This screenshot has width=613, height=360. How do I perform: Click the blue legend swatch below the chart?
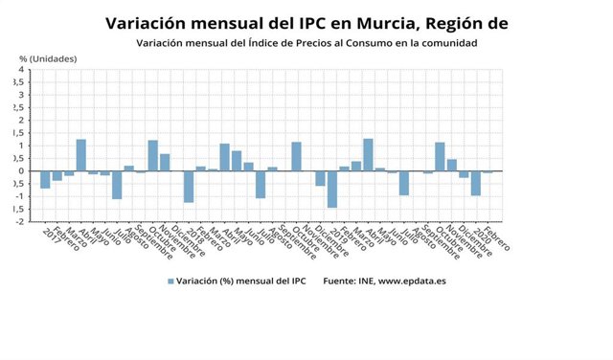[x=171, y=281]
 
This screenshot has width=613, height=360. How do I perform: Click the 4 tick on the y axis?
[x=20, y=70]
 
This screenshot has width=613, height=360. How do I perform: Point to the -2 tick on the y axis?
[x=18, y=221]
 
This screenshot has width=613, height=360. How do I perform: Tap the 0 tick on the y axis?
[x=20, y=171]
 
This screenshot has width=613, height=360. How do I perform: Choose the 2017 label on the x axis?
[x=54, y=234]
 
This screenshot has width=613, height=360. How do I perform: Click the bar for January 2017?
[x=45, y=180]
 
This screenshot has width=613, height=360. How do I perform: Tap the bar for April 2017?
[x=81, y=155]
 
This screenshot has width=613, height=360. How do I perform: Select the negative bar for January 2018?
[x=189, y=187]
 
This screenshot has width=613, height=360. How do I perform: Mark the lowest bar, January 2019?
[x=332, y=190]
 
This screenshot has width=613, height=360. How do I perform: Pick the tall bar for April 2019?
[x=368, y=155]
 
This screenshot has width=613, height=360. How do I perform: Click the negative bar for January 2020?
[x=475, y=183]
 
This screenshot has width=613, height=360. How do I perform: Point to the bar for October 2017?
[x=153, y=156]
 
